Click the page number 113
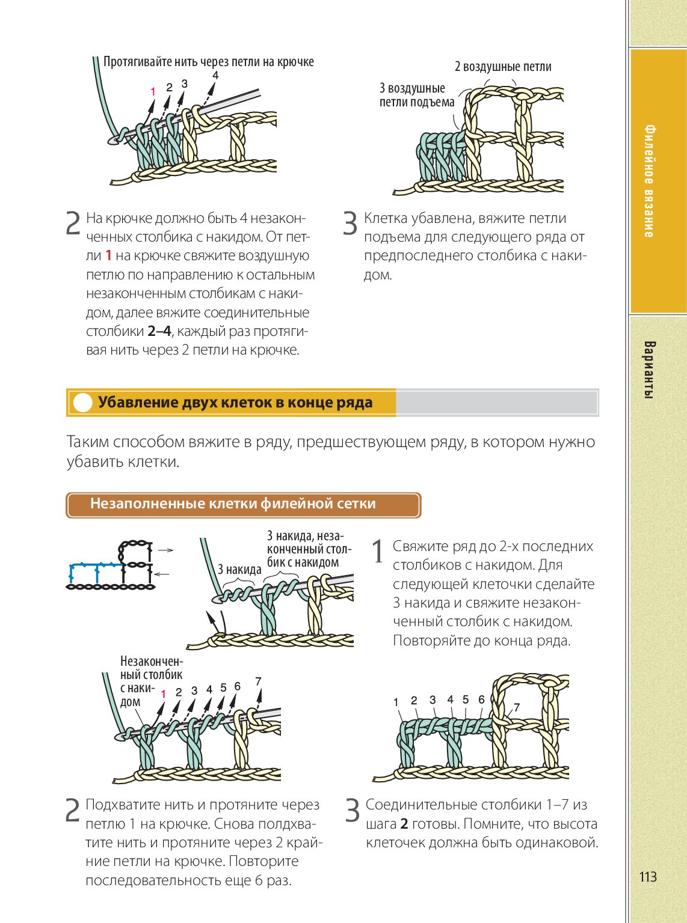click(647, 877)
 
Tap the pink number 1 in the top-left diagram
click(153, 92)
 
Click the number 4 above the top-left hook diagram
click(215, 75)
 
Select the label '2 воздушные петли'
click(502, 67)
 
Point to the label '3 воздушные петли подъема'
click(416, 96)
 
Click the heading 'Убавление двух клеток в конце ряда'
click(235, 403)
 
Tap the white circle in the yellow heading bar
click(82, 403)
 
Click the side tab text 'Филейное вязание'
click(648, 180)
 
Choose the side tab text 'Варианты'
click(648, 370)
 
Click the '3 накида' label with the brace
click(239, 570)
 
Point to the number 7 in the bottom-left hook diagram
click(258, 681)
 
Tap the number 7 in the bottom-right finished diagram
click(516, 707)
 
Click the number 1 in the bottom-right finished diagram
click(396, 702)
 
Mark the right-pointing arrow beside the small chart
click(165, 550)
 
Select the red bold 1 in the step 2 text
click(108, 255)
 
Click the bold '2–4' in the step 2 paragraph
click(159, 331)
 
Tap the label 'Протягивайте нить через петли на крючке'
click(208, 62)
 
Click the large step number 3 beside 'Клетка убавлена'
click(350, 224)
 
